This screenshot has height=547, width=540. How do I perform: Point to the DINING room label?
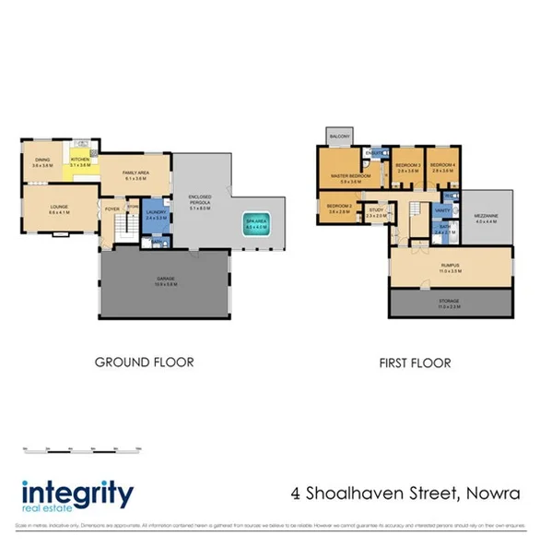point(41,161)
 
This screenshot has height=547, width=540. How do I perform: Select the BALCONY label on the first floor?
point(339,137)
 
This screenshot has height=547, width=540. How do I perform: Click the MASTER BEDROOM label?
point(351,174)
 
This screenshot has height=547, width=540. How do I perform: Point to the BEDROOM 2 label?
point(338,208)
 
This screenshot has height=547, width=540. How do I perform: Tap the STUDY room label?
point(376,211)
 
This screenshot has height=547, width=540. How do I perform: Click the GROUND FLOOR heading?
point(145,363)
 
